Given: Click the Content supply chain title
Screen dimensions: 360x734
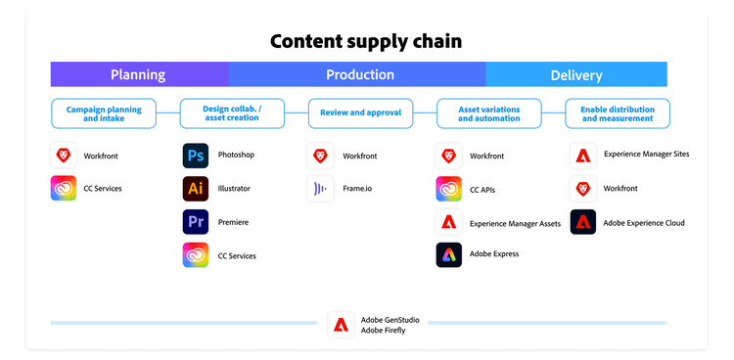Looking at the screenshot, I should click(366, 41).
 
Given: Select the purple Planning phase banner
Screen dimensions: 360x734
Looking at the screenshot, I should click(139, 74).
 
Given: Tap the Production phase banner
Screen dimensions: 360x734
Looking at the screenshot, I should click(359, 74).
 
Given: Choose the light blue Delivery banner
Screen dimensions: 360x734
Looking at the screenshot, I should click(576, 74).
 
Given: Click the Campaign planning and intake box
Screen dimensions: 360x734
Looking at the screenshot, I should click(104, 113).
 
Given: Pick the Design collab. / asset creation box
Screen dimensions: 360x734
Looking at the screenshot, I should click(231, 113).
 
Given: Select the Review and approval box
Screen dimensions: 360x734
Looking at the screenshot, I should click(360, 113).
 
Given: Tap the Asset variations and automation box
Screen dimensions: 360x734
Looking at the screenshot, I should click(488, 113).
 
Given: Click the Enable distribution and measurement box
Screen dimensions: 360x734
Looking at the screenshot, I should click(618, 113).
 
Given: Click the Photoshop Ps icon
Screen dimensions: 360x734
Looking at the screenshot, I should click(196, 156).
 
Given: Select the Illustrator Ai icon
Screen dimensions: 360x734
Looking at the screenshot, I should click(196, 189).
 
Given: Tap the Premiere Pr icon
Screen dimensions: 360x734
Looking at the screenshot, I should click(196, 222).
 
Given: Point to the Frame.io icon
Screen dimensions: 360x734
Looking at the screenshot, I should click(320, 189).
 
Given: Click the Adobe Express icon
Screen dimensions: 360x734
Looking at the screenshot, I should click(448, 254).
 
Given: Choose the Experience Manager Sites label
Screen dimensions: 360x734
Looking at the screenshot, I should click(646, 155).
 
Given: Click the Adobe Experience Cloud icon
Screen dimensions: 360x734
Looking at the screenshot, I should click(583, 222).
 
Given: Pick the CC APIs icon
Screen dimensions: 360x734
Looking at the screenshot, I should click(448, 189).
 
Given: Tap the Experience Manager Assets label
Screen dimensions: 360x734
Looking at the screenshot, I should click(515, 223).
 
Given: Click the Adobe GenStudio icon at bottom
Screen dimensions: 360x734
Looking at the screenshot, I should click(341, 325).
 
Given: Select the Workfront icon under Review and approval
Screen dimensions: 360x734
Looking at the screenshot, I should click(320, 156).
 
